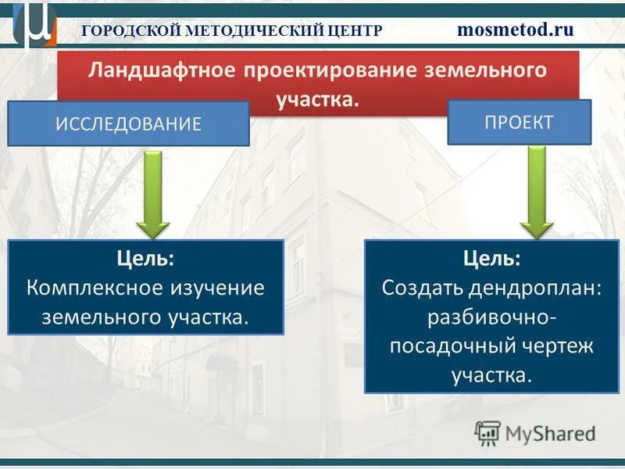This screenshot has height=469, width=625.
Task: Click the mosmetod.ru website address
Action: click(515, 30)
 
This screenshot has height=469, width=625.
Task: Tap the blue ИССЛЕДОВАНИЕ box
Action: click(128, 124)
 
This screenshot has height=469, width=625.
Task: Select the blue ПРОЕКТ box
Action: click(519, 122)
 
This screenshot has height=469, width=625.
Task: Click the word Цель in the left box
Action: click(145, 257)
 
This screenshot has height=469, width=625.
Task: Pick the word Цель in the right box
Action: click(491, 257)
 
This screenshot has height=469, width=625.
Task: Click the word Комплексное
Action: click(95, 287)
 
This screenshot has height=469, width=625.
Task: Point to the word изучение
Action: click(217, 287)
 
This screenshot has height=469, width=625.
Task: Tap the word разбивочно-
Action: click(491, 317)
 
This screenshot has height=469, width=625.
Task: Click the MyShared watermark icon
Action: click(487, 432)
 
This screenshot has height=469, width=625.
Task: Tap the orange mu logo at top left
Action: click(34, 25)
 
